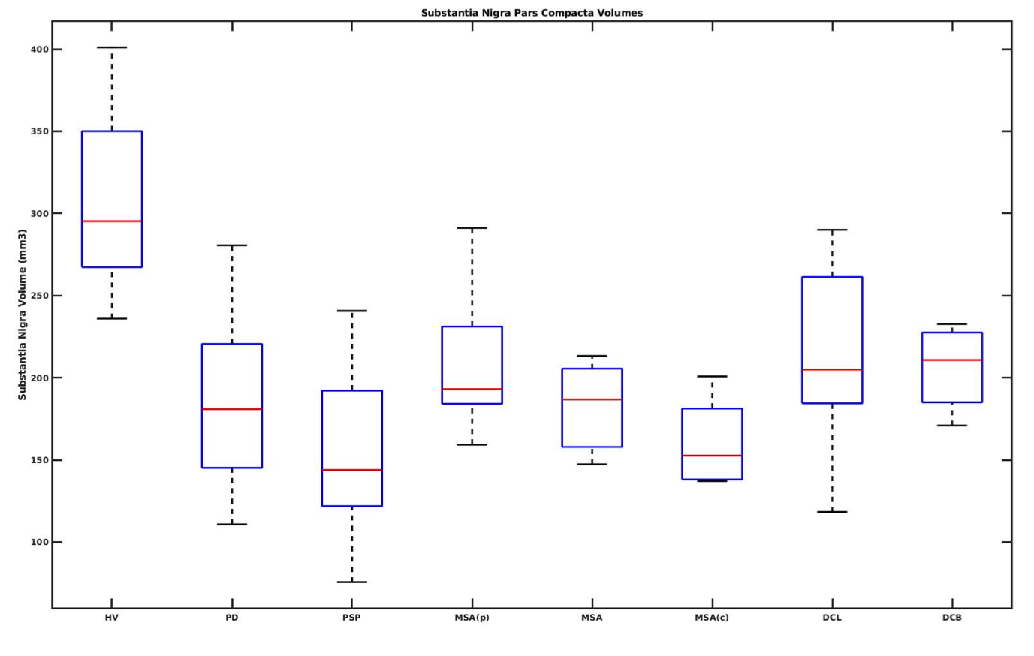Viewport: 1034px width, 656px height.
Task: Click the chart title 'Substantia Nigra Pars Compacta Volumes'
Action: (532, 13)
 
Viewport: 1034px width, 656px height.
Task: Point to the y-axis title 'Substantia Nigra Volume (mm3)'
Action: (23, 314)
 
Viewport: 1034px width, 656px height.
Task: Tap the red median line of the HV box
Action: (112, 221)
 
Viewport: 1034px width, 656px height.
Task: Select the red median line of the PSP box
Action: (351, 470)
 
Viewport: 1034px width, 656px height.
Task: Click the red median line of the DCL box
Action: (832, 369)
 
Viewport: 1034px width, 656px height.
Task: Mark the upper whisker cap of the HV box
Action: (112, 47)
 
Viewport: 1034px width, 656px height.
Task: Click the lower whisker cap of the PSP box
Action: (351, 582)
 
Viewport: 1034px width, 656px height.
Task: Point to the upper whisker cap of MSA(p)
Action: (472, 227)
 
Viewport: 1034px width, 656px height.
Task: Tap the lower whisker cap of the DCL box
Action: (832, 512)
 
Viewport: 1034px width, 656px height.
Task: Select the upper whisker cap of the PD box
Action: (232, 245)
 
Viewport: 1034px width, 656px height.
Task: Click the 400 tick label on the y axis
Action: (39, 50)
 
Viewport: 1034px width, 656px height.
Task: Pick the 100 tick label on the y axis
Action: (39, 542)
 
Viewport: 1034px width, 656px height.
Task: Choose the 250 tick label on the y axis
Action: (39, 296)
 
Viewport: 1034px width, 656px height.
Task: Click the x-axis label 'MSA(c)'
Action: (712, 618)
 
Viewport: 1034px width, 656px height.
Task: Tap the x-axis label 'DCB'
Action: (952, 618)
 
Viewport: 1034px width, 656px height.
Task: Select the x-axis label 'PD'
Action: (232, 618)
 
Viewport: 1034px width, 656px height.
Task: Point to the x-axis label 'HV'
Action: (112, 618)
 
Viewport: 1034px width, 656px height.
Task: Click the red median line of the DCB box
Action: (952, 360)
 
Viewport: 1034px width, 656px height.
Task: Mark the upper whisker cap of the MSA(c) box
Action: (712, 376)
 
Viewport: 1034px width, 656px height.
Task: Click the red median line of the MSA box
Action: (592, 399)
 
